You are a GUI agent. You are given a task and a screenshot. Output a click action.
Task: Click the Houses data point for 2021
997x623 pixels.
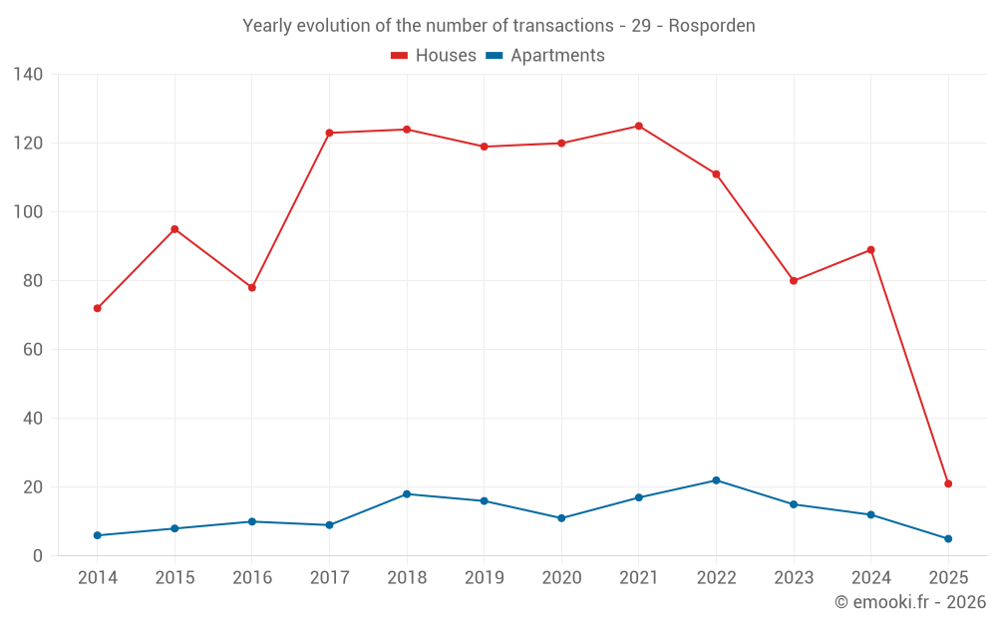(639, 126)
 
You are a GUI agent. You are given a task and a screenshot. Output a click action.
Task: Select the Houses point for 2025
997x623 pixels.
(948, 483)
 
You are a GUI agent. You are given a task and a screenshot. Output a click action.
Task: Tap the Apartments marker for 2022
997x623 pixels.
(716, 480)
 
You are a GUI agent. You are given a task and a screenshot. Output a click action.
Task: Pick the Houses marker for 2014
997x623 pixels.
(97, 308)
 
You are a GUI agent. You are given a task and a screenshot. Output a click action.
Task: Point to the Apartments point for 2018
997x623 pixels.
(407, 494)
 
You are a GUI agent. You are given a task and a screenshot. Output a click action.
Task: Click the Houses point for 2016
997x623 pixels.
(252, 287)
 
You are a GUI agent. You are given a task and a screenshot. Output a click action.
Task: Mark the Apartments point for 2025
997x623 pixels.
(948, 538)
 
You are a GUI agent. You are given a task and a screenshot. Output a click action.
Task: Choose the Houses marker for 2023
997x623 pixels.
(794, 281)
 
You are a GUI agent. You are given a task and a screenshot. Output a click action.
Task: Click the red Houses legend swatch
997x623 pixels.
(399, 56)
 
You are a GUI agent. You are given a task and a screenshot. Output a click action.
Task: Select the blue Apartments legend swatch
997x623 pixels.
(494, 56)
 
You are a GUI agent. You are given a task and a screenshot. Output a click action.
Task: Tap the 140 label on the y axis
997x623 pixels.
(29, 74)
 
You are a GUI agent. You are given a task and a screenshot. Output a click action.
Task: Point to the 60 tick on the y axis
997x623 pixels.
(33, 350)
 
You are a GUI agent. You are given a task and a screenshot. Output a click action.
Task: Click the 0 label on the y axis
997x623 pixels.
(38, 556)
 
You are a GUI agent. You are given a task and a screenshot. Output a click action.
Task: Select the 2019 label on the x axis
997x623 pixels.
(484, 578)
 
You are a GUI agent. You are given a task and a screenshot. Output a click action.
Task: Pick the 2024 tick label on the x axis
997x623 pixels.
(870, 578)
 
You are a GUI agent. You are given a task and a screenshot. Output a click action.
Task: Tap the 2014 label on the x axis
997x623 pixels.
(97, 578)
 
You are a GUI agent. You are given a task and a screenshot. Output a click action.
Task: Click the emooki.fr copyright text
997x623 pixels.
(909, 602)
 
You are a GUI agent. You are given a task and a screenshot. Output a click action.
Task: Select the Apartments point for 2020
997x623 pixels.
(561, 518)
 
